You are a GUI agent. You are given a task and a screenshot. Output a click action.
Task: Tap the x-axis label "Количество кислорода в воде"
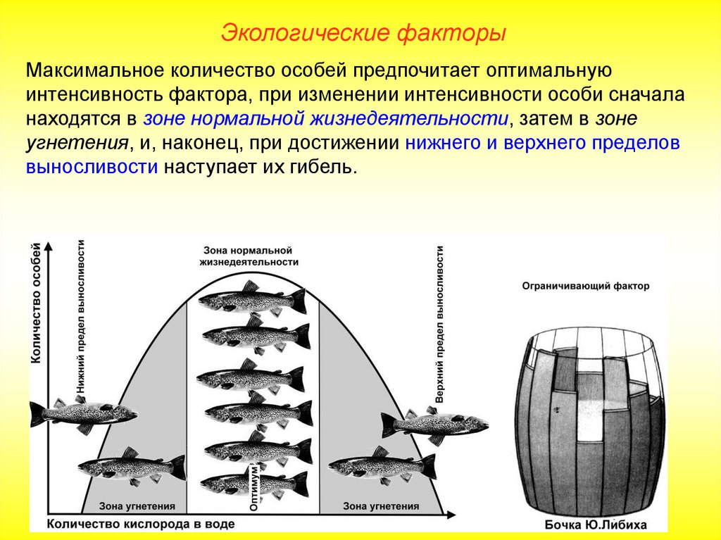(x=141, y=525)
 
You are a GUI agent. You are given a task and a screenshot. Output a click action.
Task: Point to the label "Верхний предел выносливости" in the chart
(x=439, y=324)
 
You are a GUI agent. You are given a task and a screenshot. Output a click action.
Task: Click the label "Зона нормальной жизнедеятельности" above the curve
(x=247, y=256)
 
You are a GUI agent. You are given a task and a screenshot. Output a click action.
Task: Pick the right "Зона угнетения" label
(x=380, y=506)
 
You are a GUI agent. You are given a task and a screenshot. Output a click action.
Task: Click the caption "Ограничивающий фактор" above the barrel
(x=586, y=287)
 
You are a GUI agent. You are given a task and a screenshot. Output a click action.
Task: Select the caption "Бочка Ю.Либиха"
(x=596, y=525)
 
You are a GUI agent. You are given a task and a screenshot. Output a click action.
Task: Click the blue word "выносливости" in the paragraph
(x=92, y=168)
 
